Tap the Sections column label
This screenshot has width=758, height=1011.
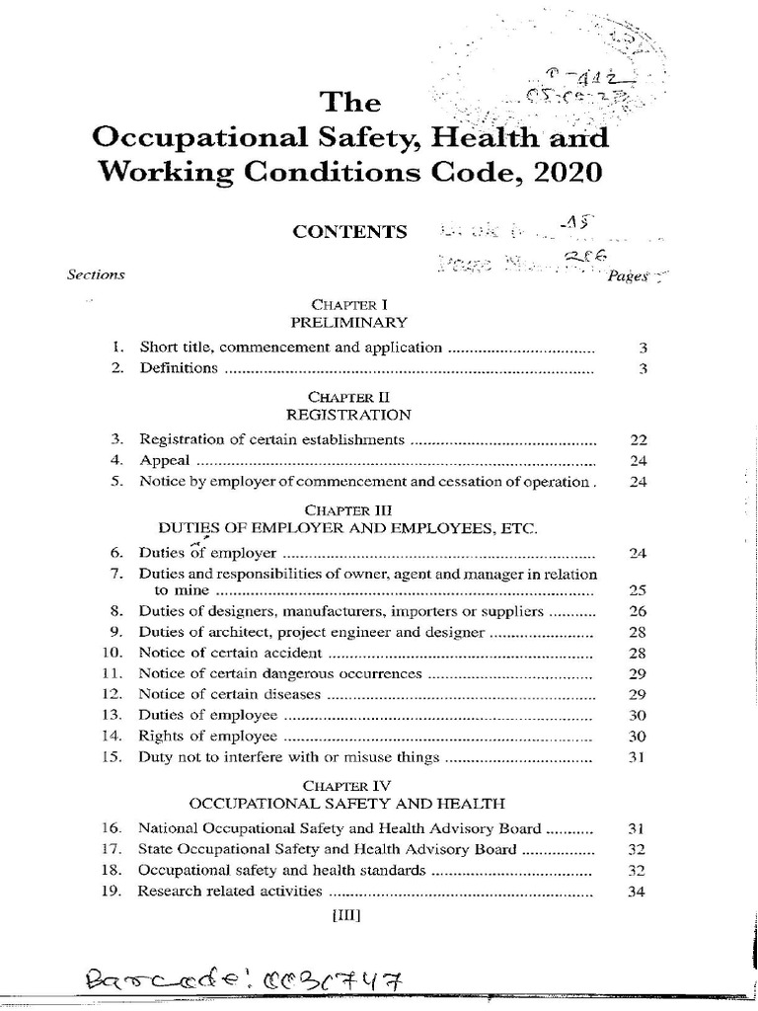(x=96, y=274)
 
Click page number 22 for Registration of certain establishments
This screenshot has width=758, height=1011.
(x=637, y=439)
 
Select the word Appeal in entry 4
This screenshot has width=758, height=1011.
(x=164, y=461)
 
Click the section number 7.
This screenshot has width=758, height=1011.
(x=115, y=573)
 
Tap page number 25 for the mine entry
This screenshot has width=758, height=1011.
(x=637, y=590)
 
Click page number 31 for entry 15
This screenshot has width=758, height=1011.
(x=637, y=758)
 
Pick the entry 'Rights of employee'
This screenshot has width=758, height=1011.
(x=207, y=737)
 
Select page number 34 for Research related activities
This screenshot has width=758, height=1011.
(x=637, y=893)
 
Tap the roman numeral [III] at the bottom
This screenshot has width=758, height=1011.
(x=348, y=915)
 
